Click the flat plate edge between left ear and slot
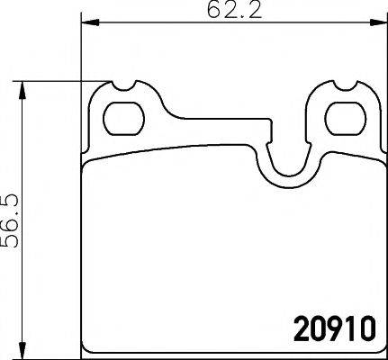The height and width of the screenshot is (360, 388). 216,118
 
